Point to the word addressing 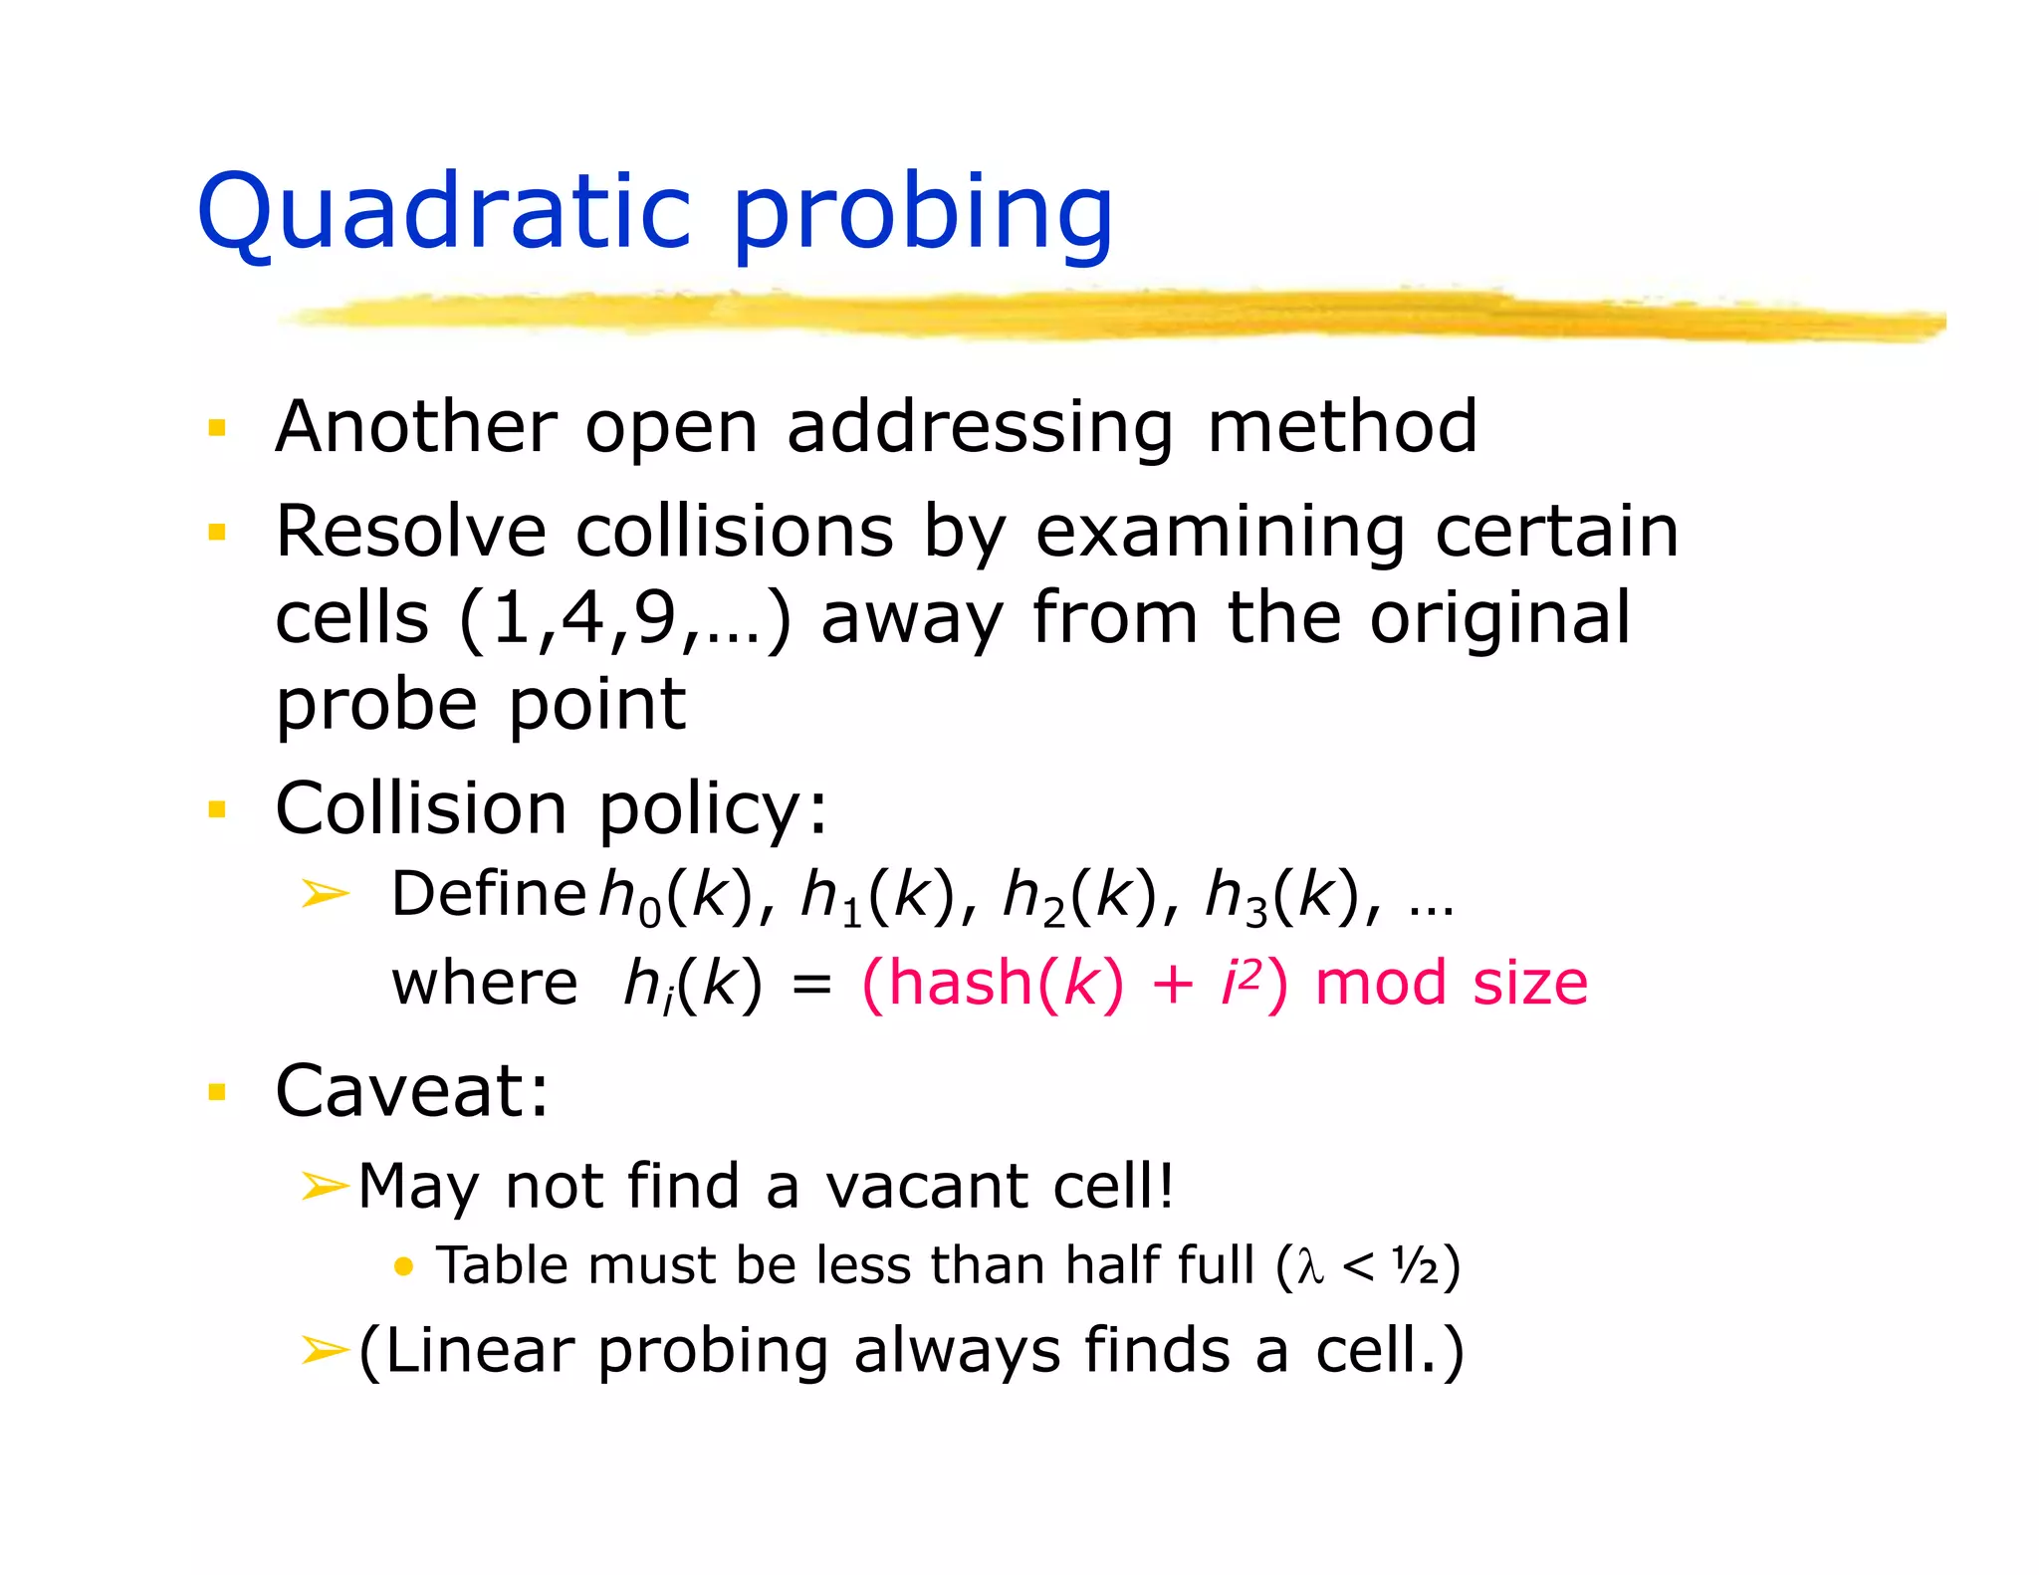point(980,428)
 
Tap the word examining point(1221,533)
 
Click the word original point(1499,618)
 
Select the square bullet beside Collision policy point(217,808)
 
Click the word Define point(488,893)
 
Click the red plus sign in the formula point(1172,985)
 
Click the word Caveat point(410,1091)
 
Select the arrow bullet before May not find point(324,1186)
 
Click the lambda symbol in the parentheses point(1310,1267)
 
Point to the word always point(957,1351)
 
